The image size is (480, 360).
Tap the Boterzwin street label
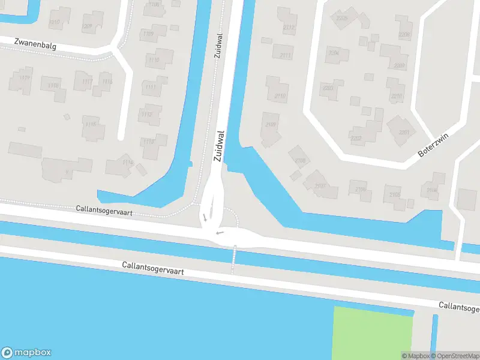point(433,146)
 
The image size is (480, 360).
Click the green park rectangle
point(373,333)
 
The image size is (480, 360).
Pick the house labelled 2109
point(271,125)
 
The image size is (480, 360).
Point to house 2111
point(284,56)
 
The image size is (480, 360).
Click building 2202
point(356,139)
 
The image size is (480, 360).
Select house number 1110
point(154,60)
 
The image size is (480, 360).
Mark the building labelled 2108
point(300,160)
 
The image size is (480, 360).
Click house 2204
point(334,53)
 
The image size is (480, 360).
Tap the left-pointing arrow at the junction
point(220,232)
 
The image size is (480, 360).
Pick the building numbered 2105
point(394,195)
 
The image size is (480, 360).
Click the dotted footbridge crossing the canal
point(234,259)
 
